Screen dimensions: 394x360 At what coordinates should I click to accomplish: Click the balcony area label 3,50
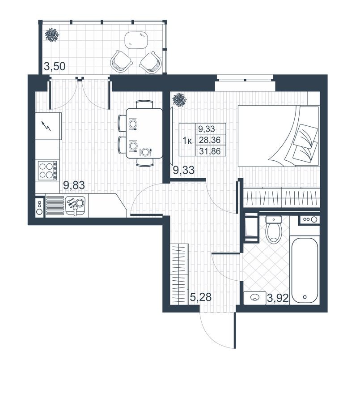[x=55, y=67]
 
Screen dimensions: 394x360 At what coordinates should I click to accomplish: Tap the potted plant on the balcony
[x=52, y=35]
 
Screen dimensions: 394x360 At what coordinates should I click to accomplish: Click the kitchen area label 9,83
[x=74, y=184]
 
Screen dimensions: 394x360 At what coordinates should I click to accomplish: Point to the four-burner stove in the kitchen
[x=48, y=170]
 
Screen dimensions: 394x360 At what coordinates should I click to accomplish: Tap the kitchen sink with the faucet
[x=76, y=206]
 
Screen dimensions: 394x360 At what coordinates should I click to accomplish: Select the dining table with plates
[x=144, y=133]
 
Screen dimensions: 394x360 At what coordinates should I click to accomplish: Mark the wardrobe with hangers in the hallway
[x=180, y=273]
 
